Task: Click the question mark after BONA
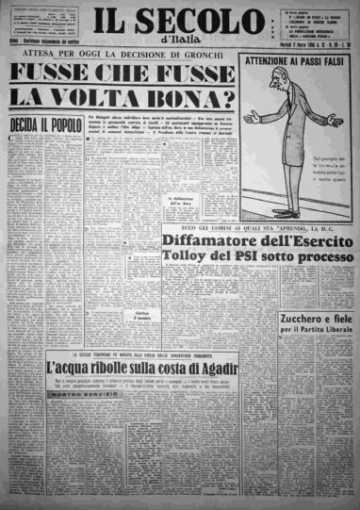[218, 97]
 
